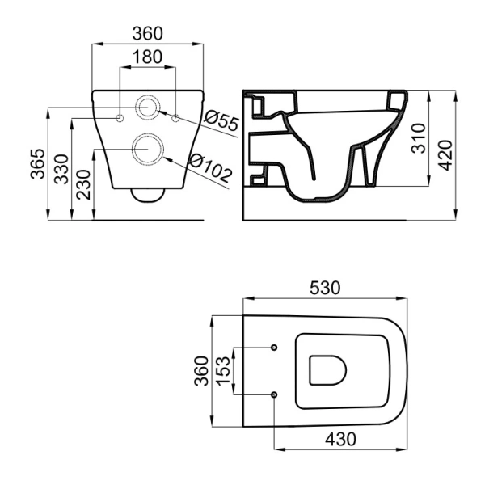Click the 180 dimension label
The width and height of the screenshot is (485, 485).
pos(148,57)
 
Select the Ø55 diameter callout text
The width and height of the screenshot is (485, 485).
pos(222,120)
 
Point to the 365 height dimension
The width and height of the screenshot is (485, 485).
pos(38,164)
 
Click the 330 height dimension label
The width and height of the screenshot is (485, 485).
pos(61,169)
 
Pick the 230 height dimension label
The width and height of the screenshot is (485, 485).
pos(84,184)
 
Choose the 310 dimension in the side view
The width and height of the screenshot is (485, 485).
pos(419,138)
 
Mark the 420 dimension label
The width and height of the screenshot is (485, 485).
pos(445,155)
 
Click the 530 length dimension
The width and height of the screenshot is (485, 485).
pos(325,288)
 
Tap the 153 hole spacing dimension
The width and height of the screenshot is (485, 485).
pos(224,371)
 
